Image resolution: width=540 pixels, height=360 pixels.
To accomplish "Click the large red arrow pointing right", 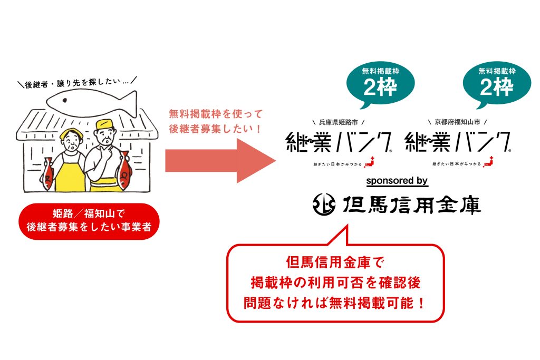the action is [220, 160].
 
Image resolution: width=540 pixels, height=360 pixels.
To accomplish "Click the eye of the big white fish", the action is [64, 101].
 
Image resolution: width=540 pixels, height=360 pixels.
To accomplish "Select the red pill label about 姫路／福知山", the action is [89, 221].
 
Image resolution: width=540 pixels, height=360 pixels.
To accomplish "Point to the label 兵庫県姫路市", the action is [338, 122].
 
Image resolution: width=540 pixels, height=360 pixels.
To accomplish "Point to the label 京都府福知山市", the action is [457, 122].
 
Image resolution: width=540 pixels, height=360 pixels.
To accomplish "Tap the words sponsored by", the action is [397, 181].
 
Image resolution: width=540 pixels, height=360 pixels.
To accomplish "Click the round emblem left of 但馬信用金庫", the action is [324, 205].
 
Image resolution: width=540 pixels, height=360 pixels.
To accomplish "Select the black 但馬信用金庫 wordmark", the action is [411, 205].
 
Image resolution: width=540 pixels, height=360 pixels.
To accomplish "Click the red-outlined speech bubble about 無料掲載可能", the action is [335, 282].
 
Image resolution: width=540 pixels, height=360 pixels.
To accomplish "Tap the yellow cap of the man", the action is [105, 124].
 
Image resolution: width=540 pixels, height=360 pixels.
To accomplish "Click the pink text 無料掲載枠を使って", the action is [216, 114].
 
